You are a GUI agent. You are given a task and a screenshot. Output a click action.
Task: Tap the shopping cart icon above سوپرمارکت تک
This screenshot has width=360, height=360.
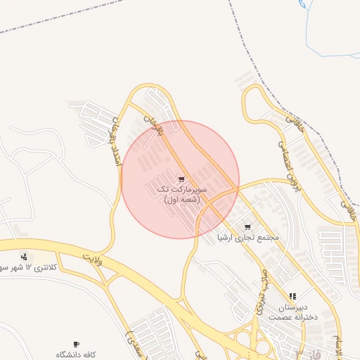pyautogui.click(x=181, y=179)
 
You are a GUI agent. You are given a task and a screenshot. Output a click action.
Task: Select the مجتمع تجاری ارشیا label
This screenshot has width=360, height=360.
pyautogui.click(x=248, y=238)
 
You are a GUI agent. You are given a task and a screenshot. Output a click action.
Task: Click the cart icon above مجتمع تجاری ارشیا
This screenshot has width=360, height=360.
pyautogui.click(x=247, y=227)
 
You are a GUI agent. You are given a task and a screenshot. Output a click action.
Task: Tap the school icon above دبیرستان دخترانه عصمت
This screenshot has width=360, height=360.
pyautogui.click(x=292, y=297)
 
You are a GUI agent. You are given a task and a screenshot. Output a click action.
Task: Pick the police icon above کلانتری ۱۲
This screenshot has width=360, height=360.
pyautogui.click(x=25, y=257)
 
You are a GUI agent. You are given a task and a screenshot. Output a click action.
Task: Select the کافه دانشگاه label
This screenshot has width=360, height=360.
pyautogui.click(x=76, y=355)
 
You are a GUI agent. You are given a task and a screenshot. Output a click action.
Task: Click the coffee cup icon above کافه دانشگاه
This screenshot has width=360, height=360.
pyautogui.click(x=76, y=345)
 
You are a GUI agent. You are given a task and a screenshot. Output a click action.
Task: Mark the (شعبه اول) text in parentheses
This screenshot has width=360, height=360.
pyautogui.click(x=182, y=200)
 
